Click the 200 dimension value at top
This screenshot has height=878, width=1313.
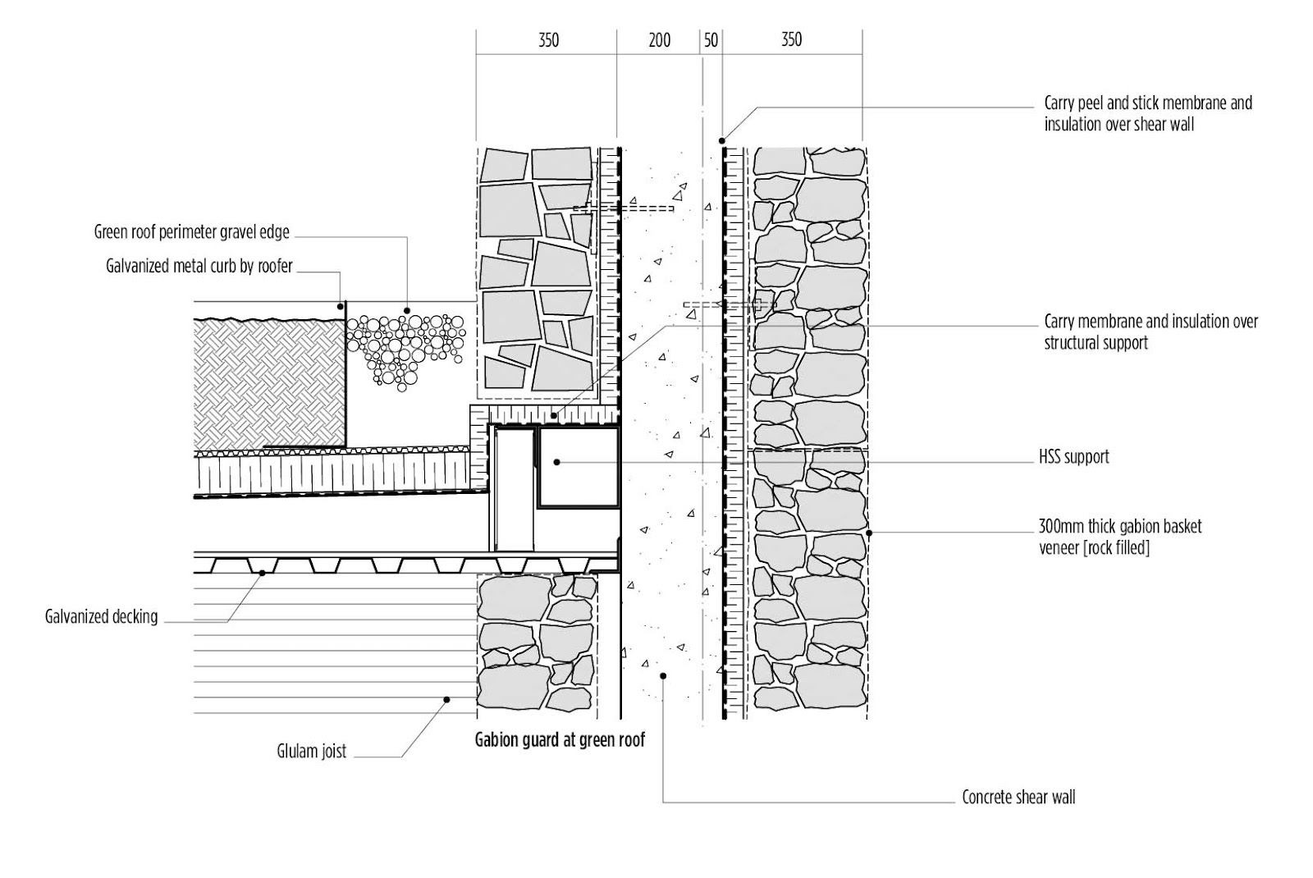(x=659, y=40)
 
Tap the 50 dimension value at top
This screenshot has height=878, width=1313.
(x=711, y=40)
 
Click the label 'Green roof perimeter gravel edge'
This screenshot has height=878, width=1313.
(x=192, y=232)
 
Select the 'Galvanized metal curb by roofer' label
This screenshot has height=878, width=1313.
(x=199, y=266)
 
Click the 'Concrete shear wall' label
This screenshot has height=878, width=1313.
(x=1018, y=798)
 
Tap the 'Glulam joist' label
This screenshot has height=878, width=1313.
(x=311, y=751)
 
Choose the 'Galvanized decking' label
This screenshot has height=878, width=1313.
(x=101, y=616)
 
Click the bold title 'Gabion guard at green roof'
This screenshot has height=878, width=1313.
(x=560, y=740)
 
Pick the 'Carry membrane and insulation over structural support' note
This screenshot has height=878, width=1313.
(x=1150, y=332)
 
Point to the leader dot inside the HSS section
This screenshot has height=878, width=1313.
(x=556, y=463)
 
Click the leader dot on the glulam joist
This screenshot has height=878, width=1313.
(x=447, y=700)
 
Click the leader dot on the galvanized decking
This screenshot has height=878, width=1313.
(x=262, y=573)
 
